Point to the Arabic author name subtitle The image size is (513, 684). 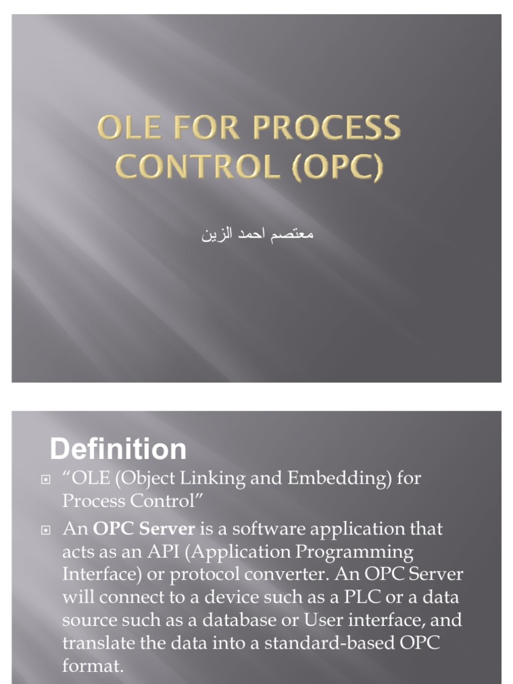pos(257,236)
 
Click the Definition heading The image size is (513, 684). pos(118,449)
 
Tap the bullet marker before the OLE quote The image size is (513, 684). pos(46,480)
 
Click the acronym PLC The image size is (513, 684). pos(364,598)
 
